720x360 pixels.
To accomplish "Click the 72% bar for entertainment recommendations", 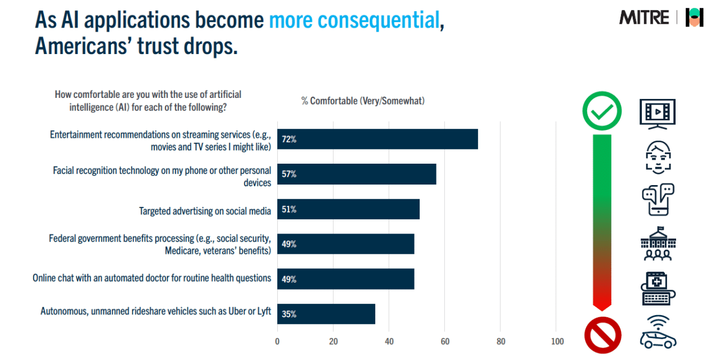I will pos(377,139).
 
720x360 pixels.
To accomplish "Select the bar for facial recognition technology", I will pos(356,174).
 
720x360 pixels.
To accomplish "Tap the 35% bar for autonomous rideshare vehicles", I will pos(326,314).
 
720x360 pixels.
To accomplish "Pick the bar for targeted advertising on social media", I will pos(348,209).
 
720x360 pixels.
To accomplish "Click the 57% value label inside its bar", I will pos(289,174).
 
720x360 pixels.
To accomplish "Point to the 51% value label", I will pos(289,209).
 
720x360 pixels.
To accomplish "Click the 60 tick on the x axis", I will pos(444,341).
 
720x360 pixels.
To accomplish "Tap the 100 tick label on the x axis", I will pos(556,341).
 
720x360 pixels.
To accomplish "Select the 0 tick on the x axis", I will pos(277,341).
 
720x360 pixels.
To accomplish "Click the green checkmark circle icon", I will pos(602,111).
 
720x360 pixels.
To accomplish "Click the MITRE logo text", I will pos(644,17).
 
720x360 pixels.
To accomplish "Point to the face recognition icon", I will pos(658,156).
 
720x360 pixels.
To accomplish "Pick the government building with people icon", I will pos(658,244).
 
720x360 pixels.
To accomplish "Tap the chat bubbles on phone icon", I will pos(658,199).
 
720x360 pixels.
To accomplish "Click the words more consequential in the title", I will pos(353,20).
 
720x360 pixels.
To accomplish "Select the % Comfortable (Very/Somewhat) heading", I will pos(363,101).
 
